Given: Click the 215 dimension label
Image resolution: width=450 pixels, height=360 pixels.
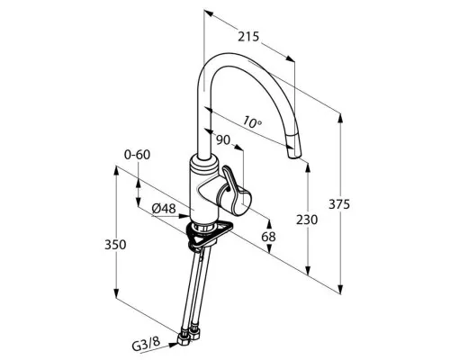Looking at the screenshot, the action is [x=248, y=37].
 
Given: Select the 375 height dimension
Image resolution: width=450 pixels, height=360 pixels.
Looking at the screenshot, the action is [x=339, y=204].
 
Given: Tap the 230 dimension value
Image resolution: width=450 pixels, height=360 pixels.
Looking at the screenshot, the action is [x=307, y=220].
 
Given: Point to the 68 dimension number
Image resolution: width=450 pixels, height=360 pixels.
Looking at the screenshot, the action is [x=268, y=237].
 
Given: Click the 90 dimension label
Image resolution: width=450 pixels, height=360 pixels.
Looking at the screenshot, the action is [x=223, y=140].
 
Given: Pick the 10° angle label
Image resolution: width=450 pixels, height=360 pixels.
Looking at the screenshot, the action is [x=252, y=121].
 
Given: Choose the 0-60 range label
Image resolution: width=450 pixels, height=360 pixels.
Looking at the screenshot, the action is [x=137, y=155].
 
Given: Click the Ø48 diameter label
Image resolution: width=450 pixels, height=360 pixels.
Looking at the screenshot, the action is [x=164, y=208].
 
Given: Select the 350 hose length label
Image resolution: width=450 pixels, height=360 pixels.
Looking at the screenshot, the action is [x=115, y=245].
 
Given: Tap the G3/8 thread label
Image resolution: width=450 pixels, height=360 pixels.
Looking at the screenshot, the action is [x=146, y=345].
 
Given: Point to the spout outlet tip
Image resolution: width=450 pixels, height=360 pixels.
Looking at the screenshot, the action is [x=294, y=156].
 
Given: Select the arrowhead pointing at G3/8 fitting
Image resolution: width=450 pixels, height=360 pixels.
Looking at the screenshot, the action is [x=173, y=345].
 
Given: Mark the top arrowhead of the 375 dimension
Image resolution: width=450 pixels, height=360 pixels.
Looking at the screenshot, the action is [x=340, y=118].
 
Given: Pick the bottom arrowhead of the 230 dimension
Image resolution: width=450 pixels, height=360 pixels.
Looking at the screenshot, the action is [x=308, y=270].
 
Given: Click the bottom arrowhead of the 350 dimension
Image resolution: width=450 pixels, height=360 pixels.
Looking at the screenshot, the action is [x=116, y=292].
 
